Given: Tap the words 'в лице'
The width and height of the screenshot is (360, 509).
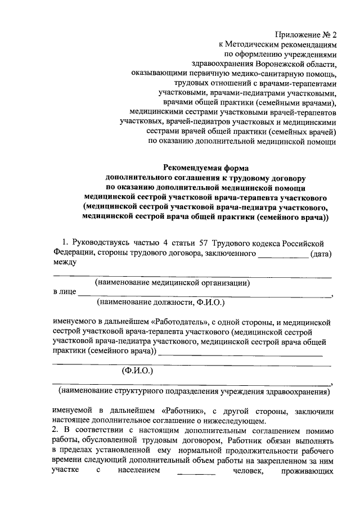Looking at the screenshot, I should tap(64, 292).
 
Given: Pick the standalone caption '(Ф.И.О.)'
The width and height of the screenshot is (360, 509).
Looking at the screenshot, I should tap(138, 371).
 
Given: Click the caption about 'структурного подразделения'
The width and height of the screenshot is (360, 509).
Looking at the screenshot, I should tap(193, 390).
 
